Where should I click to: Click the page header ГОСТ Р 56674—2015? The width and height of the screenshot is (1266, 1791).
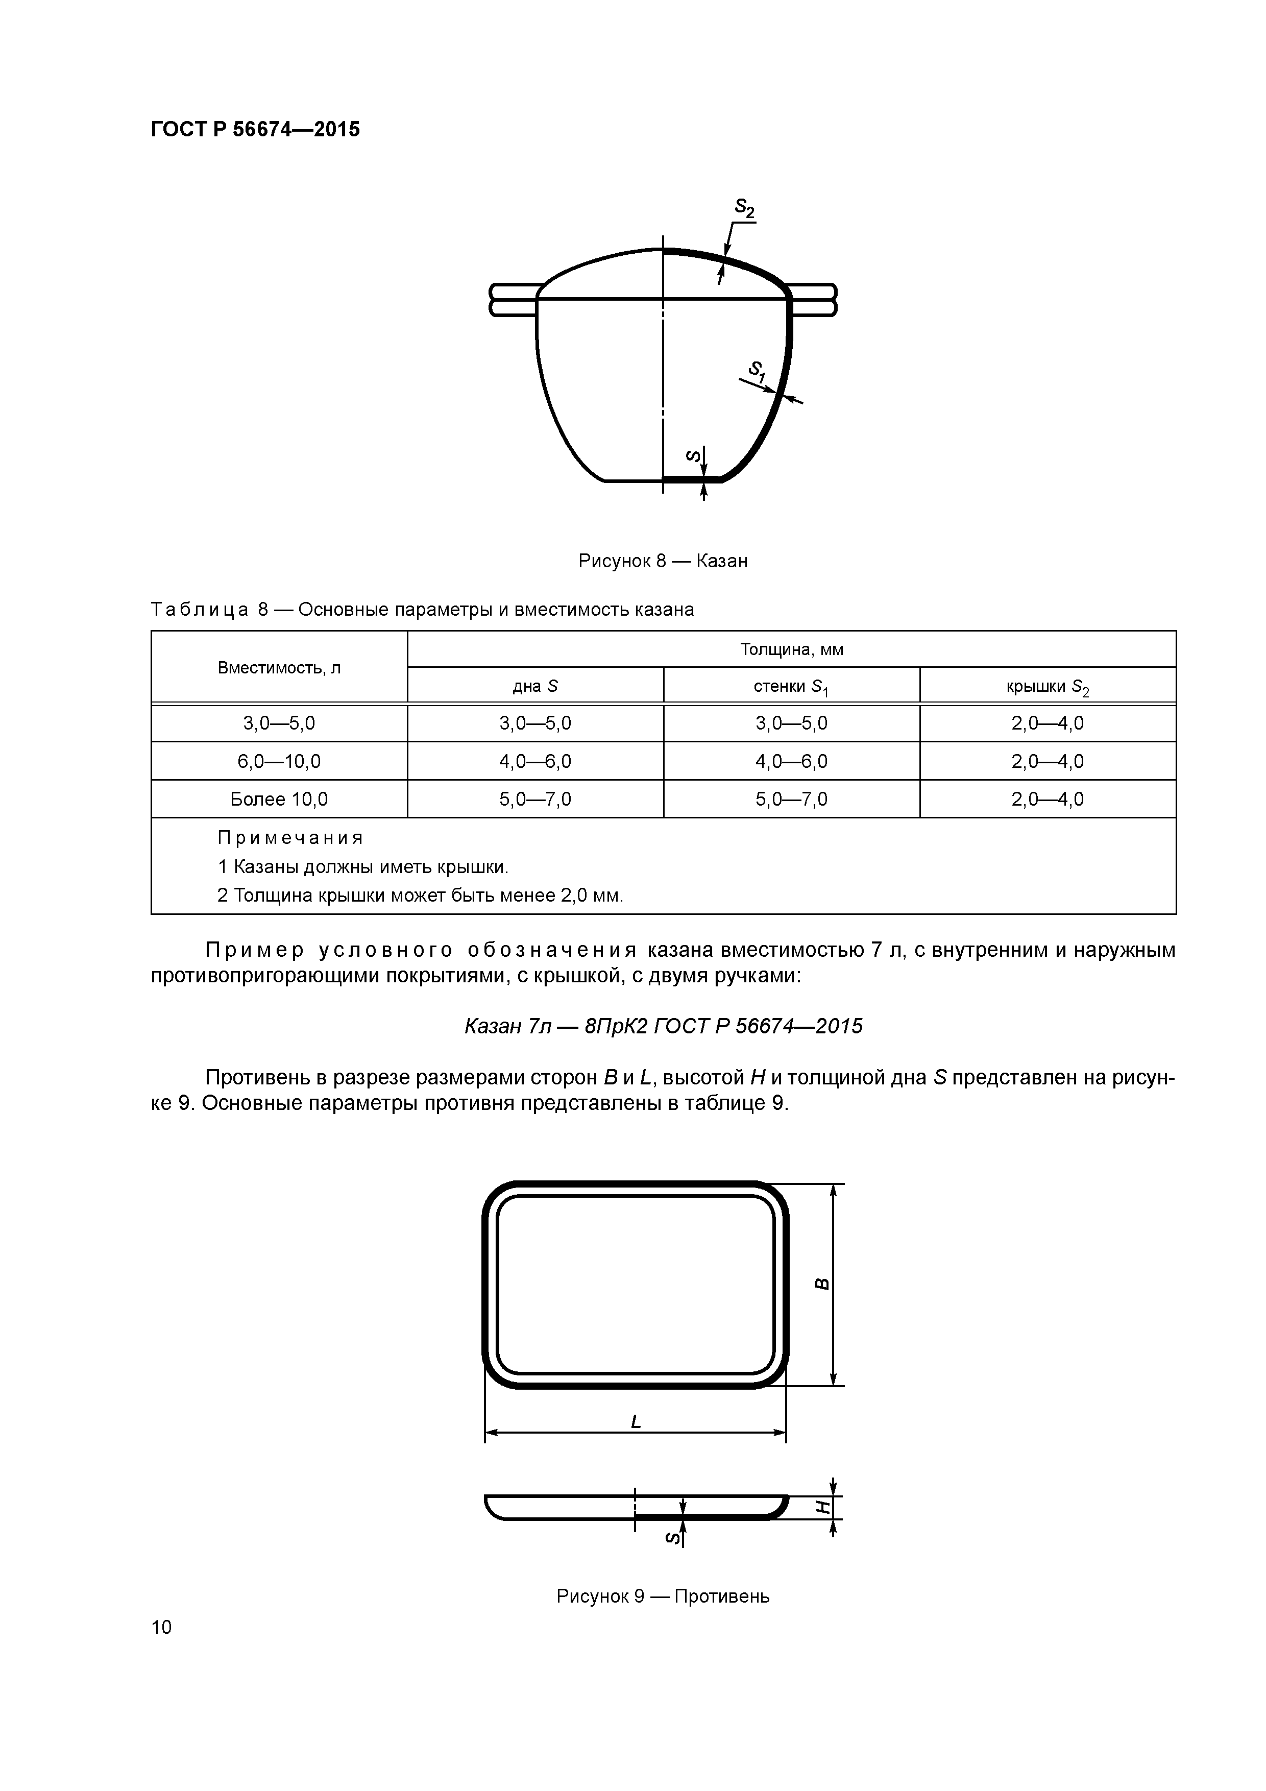(255, 130)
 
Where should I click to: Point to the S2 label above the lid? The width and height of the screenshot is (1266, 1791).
(744, 208)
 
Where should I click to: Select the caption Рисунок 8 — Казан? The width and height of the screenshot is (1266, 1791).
(662, 561)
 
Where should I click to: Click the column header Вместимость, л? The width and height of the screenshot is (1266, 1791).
(279, 668)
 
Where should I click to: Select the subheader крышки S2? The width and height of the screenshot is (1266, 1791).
(1047, 687)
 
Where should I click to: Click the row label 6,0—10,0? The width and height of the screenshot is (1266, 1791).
(279, 761)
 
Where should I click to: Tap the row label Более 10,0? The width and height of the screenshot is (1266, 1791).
(279, 800)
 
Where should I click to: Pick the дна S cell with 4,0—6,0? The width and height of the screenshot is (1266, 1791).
(535, 761)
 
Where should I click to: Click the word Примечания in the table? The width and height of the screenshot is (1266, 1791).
(290, 838)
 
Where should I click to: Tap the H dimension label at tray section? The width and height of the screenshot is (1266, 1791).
(821, 1508)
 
